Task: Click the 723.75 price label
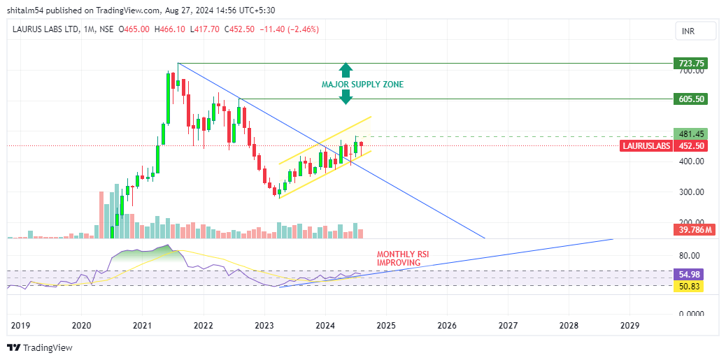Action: click(x=689, y=64)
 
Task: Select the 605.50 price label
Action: click(x=689, y=99)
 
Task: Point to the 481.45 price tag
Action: click(x=689, y=134)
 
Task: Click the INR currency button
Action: click(x=695, y=31)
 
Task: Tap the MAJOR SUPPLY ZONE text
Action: click(x=362, y=85)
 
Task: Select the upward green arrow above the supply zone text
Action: click(x=346, y=70)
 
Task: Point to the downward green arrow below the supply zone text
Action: click(x=346, y=98)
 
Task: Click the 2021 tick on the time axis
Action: click(x=142, y=326)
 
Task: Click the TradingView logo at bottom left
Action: click(x=40, y=347)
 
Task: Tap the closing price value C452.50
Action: click(x=239, y=29)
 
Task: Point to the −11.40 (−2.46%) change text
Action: click(x=290, y=29)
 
